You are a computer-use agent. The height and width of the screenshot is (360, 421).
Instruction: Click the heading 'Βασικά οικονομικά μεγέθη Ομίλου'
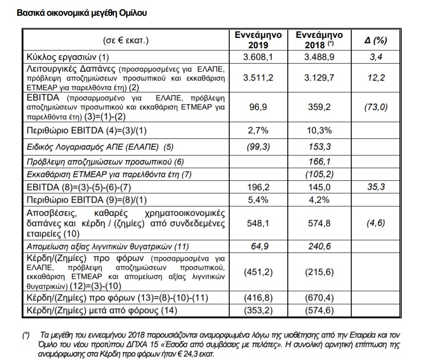81,13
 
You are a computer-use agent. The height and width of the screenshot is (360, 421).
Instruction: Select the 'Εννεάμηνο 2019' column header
258,40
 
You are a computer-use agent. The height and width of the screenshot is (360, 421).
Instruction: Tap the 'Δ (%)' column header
376,40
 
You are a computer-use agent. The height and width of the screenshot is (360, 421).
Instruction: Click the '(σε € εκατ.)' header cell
126,40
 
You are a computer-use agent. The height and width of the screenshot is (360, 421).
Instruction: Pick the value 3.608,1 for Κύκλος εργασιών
258,57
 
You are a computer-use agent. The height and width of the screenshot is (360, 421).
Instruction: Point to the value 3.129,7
319,77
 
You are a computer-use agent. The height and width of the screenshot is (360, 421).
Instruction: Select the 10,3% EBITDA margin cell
319,131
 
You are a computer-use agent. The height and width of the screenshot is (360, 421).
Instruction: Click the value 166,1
319,162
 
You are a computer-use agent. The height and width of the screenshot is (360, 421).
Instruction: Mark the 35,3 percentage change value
376,187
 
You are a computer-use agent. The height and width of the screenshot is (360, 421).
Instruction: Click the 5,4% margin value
258,200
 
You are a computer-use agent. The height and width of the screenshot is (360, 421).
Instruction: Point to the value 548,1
258,223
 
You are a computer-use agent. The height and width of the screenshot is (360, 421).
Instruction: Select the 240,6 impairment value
319,246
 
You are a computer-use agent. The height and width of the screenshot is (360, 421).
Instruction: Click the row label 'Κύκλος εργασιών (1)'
68,57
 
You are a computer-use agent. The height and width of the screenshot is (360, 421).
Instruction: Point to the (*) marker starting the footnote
26,335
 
